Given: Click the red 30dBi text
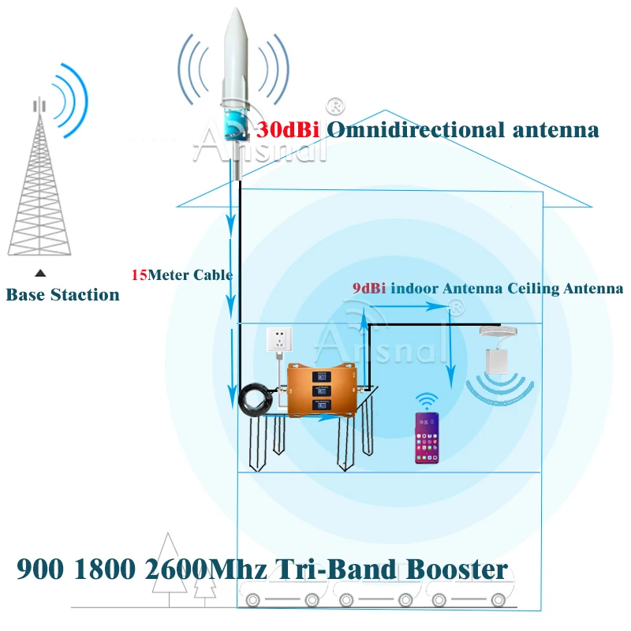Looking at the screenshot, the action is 288,129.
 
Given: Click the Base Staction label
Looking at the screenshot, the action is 63,295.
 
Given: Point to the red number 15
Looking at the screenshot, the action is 139,275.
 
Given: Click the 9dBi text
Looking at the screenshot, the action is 368,289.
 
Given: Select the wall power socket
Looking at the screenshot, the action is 278,341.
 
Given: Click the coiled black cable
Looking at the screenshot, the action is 259,397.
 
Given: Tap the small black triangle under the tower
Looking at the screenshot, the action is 39,273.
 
